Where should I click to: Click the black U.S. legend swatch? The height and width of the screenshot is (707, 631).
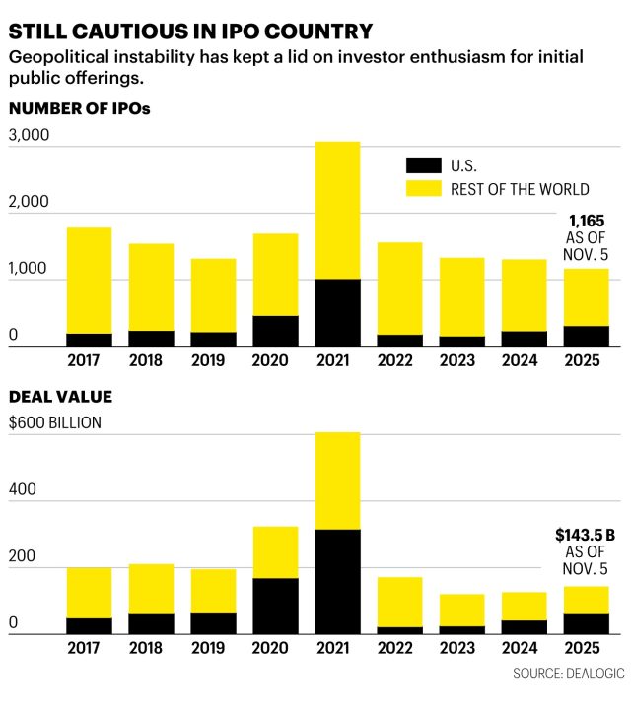click(422, 165)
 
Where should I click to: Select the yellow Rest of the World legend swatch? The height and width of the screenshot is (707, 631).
click(422, 189)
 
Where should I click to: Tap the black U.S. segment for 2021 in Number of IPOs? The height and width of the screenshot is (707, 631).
click(337, 312)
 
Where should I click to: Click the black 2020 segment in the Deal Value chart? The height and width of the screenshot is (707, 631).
click(275, 606)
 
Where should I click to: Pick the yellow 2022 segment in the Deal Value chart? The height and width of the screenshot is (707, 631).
click(398, 602)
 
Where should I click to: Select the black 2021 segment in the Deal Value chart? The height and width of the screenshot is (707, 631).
click(337, 581)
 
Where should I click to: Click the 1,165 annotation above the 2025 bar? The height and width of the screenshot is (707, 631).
click(586, 222)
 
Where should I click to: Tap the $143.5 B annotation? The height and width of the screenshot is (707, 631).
click(585, 535)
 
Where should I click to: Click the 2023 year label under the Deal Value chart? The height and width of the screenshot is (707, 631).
click(461, 650)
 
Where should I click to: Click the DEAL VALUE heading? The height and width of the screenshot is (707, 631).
click(60, 397)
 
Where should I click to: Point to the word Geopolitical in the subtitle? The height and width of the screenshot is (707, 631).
click(59, 58)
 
